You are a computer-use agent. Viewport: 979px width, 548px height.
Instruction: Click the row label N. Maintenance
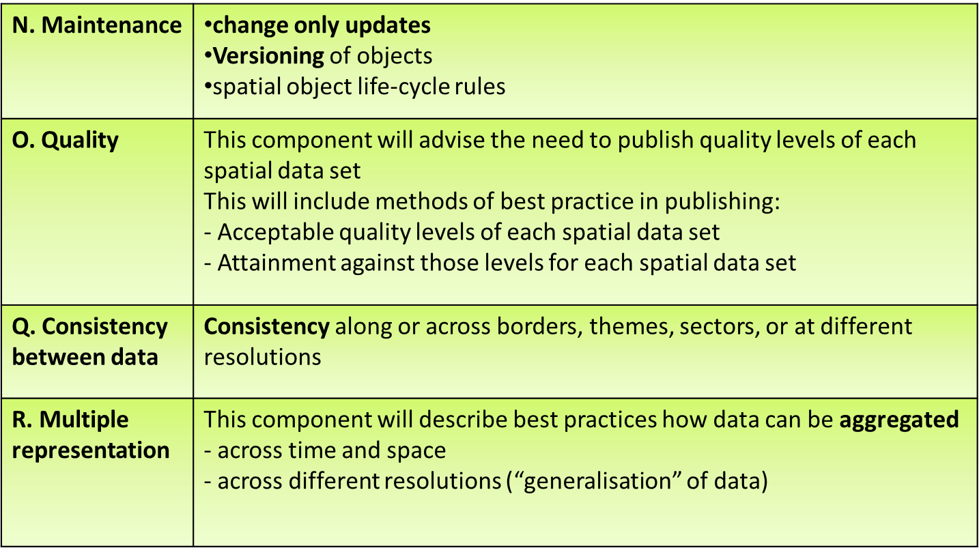point(96,25)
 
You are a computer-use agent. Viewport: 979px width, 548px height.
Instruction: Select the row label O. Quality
point(65,141)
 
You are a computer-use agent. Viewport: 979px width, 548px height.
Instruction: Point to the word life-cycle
point(403,87)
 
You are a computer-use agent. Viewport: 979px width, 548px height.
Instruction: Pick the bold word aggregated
point(899,420)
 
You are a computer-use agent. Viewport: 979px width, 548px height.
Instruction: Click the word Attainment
point(276,263)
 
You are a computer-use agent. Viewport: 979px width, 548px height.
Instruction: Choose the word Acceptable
point(275,233)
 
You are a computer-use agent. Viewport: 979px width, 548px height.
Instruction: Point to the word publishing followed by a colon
point(722,202)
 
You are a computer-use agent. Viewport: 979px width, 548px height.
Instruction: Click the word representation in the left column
point(91,451)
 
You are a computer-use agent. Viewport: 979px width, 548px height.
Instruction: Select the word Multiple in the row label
point(84,420)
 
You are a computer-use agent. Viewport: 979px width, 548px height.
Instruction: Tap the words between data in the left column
point(85,357)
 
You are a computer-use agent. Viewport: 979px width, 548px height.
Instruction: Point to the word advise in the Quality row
point(452,141)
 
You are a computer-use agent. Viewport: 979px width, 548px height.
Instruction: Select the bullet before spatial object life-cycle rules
point(208,86)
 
